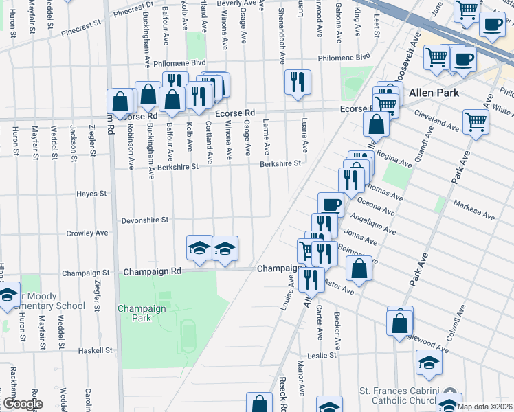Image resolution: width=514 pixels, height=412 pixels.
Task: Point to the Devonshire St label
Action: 145,220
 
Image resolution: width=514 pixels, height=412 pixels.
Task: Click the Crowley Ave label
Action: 87,233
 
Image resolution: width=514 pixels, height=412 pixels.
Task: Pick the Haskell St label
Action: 95,350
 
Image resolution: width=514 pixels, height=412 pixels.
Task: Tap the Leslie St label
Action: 322,356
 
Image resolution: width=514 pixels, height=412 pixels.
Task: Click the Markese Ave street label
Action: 474,210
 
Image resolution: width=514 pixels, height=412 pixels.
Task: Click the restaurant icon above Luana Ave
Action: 298,82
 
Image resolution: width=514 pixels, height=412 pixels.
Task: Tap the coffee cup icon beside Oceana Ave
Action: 331,205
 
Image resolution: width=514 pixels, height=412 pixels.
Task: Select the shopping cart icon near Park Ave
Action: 476,122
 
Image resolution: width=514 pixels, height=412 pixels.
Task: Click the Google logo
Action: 23,404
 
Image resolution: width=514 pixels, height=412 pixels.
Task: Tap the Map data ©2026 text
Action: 484,407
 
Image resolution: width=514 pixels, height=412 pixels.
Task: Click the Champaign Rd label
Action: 152,271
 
